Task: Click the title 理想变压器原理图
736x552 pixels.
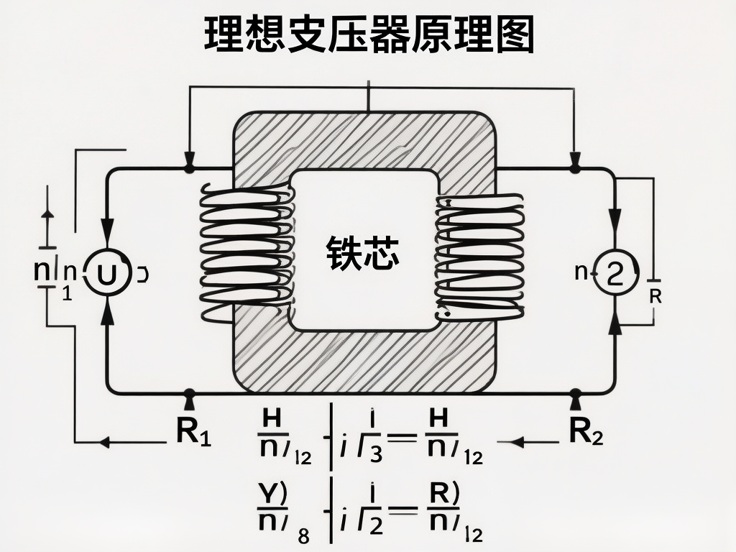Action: (368, 35)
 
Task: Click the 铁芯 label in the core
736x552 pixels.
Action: (363, 254)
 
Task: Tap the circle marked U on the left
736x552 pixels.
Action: (108, 274)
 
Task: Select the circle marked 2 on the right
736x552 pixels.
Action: (615, 274)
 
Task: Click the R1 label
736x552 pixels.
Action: (193, 431)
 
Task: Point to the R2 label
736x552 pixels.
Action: (586, 431)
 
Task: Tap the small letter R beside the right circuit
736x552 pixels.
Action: (655, 295)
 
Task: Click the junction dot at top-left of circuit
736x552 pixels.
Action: (189, 168)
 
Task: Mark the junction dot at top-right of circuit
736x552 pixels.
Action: (574, 168)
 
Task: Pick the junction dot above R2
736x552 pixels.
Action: (575, 393)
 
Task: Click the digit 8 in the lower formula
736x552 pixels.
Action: (303, 535)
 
